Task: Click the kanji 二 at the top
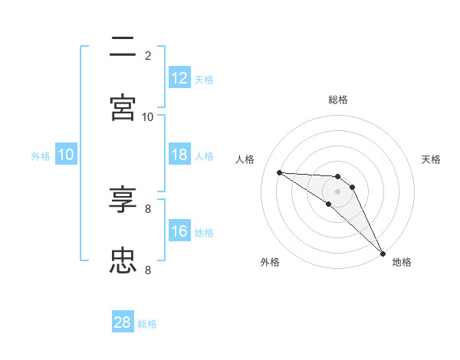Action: tap(123, 46)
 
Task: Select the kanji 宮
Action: tap(123, 107)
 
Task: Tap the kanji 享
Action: tap(123, 200)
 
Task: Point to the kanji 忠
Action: tap(123, 261)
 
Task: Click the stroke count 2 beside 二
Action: tap(148, 55)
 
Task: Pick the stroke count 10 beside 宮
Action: tap(148, 116)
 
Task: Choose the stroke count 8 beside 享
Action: tap(148, 208)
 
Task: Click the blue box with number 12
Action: tap(179, 78)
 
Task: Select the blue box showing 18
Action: tap(179, 155)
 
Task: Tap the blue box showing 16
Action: tap(179, 231)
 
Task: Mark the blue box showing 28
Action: tap(123, 322)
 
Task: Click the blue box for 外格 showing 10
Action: tap(66, 155)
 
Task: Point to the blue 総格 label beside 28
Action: tap(147, 324)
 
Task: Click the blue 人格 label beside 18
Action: tap(204, 155)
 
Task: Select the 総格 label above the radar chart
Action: tap(337, 100)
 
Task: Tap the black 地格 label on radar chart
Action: tap(402, 262)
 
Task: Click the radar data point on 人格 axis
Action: tap(279, 172)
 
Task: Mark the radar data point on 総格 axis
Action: tap(337, 177)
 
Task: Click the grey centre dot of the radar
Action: tap(337, 191)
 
